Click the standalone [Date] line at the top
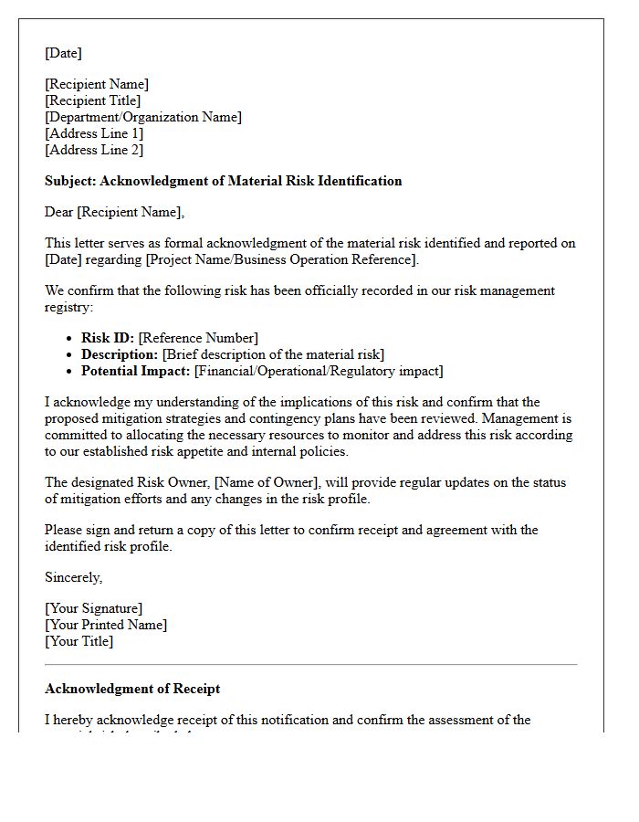point(63,53)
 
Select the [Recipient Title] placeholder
point(93,100)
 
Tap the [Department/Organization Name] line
point(143,117)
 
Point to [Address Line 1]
point(94,133)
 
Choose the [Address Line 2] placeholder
point(94,150)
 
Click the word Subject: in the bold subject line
point(70,181)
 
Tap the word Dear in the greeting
point(59,212)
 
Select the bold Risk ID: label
point(108,338)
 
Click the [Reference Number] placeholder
point(198,338)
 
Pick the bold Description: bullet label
point(120,354)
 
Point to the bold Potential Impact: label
point(136,371)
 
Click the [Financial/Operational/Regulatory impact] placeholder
point(319,371)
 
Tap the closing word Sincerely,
point(74,577)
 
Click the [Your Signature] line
point(94,608)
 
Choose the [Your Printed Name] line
point(106,625)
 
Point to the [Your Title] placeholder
point(79,641)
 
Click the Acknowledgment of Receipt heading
point(132,689)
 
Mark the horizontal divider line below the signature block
point(311,664)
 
